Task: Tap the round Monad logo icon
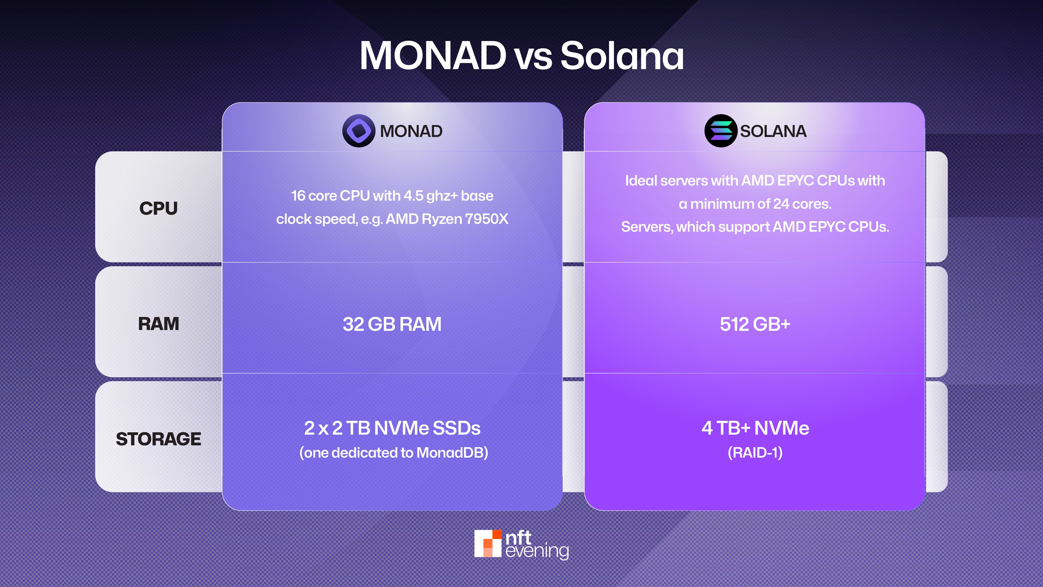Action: point(358,131)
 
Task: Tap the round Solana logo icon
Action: point(721,131)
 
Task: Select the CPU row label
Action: point(158,208)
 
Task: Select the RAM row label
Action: point(158,324)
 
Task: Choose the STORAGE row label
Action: point(158,439)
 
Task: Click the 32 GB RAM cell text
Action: point(392,324)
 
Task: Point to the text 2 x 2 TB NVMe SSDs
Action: point(392,428)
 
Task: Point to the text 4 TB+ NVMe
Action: point(755,428)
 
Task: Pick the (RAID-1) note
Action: point(755,452)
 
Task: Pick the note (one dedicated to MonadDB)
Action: point(393,452)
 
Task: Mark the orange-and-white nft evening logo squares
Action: point(488,543)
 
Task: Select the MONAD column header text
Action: point(411,131)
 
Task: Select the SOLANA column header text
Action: point(773,131)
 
